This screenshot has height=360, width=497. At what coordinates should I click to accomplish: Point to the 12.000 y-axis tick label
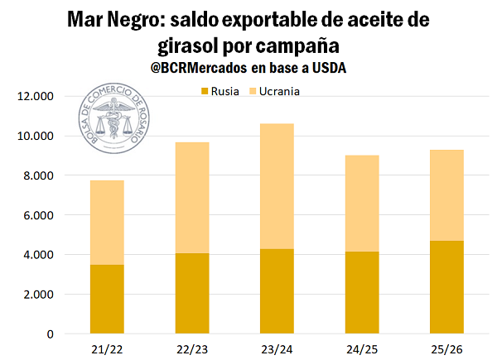pyautogui.click(x=35, y=96)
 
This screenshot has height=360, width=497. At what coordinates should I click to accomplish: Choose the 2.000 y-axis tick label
pyautogui.click(x=38, y=295)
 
